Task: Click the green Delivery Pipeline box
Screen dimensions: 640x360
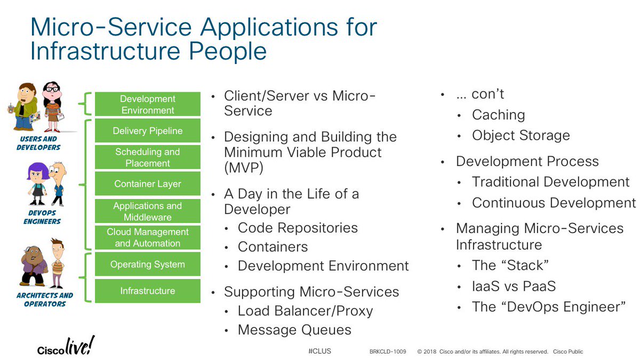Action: (147, 131)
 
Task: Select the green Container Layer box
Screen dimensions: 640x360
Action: (147, 184)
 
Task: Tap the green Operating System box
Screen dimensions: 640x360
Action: (147, 265)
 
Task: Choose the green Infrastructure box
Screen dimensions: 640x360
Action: (147, 291)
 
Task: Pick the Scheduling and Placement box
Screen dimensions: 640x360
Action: (147, 157)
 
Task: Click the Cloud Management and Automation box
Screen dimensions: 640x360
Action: (147, 238)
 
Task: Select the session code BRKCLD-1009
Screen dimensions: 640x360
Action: (388, 352)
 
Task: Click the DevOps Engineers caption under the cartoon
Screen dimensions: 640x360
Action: (42, 217)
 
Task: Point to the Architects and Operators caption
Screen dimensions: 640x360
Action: (45, 299)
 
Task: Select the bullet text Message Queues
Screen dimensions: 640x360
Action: (294, 330)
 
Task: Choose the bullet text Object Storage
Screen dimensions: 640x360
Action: (521, 135)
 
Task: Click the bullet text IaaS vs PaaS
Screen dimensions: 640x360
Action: (514, 286)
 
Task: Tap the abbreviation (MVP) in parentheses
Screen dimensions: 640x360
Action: (244, 169)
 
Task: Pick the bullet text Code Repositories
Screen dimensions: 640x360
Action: (298, 228)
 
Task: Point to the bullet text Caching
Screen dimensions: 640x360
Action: (498, 115)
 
